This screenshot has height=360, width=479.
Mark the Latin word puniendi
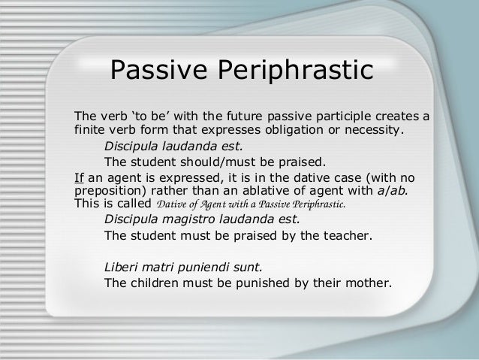click(x=212, y=268)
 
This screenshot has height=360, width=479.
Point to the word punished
click(x=264, y=283)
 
